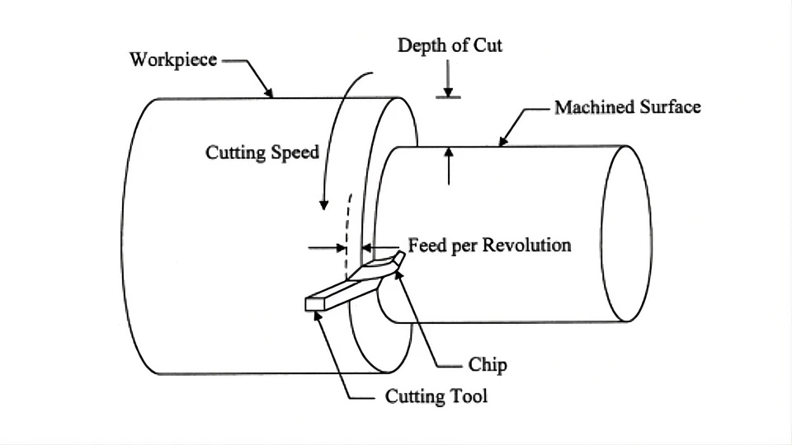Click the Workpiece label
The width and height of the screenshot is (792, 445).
tap(173, 60)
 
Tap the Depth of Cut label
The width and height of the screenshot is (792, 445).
tap(450, 44)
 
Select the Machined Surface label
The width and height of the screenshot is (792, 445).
tap(627, 107)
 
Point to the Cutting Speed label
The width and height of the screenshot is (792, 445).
tap(262, 152)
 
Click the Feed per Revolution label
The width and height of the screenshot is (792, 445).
tap(489, 246)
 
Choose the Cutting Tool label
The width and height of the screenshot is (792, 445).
tap(436, 396)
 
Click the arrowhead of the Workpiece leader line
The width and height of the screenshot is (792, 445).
tap(271, 95)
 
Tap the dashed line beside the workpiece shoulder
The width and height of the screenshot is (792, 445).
tap(350, 222)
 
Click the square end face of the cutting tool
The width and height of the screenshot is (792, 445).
tap(315, 304)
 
